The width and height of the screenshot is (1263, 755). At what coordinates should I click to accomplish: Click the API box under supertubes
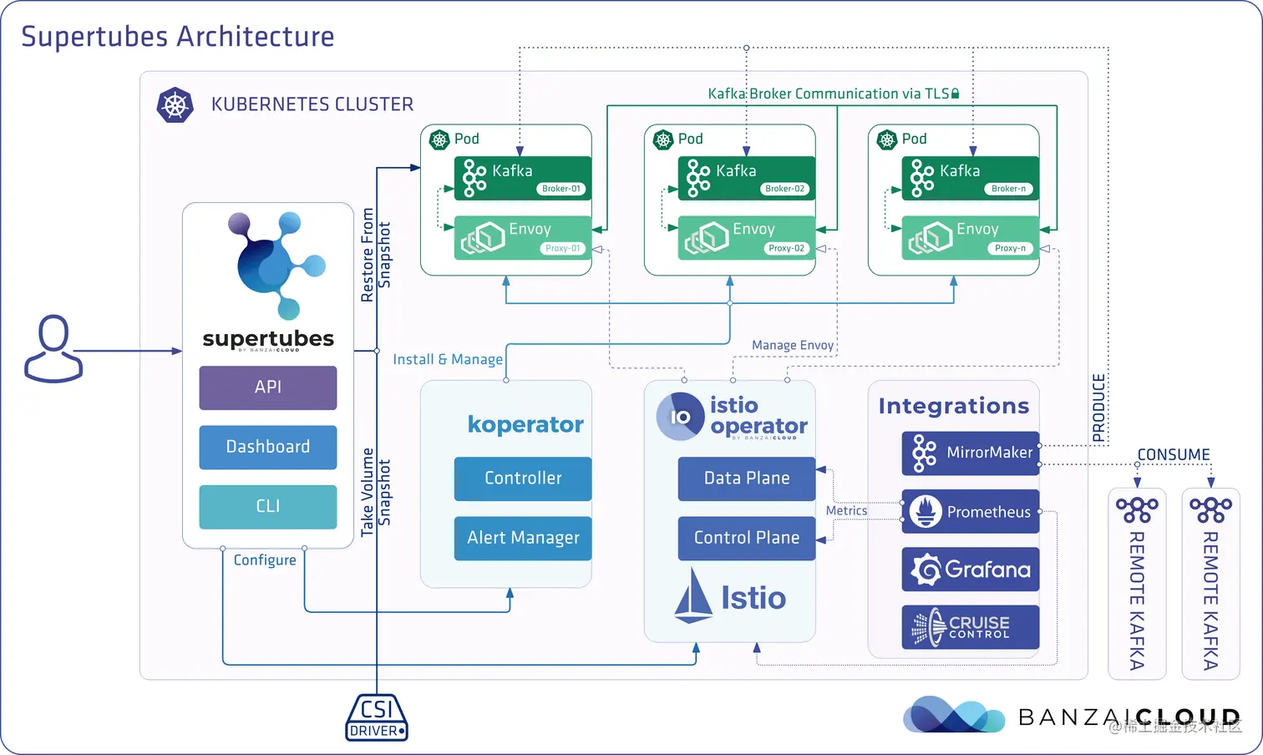[x=267, y=388]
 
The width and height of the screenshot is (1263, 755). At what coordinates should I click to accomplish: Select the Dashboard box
[x=267, y=447]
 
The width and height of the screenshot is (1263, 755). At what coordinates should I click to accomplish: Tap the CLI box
[x=267, y=506]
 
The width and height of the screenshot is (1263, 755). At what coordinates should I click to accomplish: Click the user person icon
[x=53, y=348]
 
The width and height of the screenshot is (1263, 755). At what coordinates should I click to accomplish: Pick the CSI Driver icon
[x=377, y=717]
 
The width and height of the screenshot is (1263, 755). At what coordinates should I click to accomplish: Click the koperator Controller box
[x=523, y=479]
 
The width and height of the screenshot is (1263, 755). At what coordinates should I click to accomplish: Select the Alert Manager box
[x=523, y=538]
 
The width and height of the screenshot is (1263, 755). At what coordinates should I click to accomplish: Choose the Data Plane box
[x=746, y=479]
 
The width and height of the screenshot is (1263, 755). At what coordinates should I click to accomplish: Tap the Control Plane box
[x=746, y=538]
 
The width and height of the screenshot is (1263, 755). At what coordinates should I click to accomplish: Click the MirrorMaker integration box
[x=971, y=453]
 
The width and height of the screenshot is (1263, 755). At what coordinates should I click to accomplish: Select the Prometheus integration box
[x=971, y=512]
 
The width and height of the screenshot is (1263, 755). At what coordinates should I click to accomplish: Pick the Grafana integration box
[x=971, y=570]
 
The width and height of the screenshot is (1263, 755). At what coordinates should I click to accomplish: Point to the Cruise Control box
[x=971, y=627]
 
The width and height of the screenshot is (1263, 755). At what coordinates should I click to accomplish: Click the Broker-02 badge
[x=785, y=189]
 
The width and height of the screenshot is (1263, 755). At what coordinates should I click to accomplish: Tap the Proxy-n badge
[x=1010, y=248]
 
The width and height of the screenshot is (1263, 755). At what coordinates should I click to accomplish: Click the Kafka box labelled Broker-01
[x=523, y=178]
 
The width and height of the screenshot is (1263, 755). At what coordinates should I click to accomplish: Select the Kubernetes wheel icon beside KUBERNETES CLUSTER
[x=175, y=105]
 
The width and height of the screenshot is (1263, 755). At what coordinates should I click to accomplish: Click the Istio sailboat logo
[x=693, y=596]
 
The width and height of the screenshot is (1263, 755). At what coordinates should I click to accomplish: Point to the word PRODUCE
[x=1099, y=408]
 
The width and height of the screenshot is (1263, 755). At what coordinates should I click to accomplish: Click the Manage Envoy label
[x=793, y=345]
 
